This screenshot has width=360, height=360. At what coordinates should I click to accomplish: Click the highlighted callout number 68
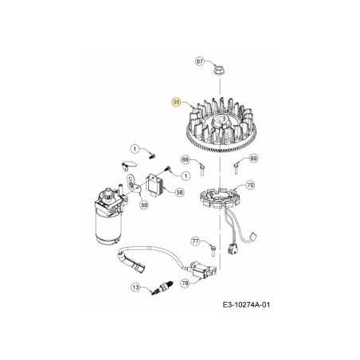(x=177, y=101)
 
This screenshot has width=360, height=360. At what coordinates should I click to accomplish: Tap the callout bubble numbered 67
(x=200, y=60)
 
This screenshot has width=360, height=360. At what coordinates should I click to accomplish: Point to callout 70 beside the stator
(x=250, y=186)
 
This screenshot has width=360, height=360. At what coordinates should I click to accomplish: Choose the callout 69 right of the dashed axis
(x=253, y=159)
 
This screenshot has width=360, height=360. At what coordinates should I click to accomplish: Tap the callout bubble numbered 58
(x=179, y=192)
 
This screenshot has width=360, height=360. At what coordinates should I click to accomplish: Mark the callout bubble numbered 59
(x=144, y=205)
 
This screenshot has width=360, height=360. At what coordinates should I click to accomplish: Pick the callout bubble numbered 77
(x=195, y=240)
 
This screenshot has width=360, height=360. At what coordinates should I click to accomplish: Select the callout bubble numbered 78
(x=184, y=281)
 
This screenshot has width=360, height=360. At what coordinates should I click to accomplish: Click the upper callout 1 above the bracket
(x=135, y=149)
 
